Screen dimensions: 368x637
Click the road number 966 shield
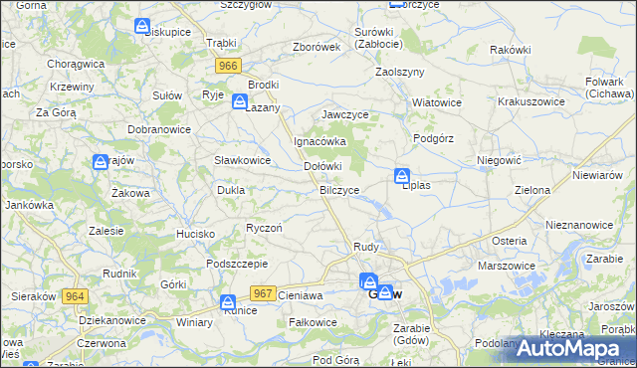pyautogui.click(x=228, y=65)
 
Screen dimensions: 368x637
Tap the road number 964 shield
pyautogui.click(x=74, y=296)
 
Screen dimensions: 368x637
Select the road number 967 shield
pyautogui.click(x=263, y=292)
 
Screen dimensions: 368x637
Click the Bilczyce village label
pyautogui.click(x=339, y=189)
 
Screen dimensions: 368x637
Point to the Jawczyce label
pyautogui.click(x=345, y=114)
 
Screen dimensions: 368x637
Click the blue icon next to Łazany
pyautogui.click(x=240, y=101)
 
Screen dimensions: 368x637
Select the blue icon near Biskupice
pyautogui.click(x=143, y=25)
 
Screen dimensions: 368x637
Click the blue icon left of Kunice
pyautogui.click(x=228, y=302)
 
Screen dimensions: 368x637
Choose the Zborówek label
pyautogui.click(x=318, y=47)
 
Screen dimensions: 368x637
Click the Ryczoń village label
pyautogui.click(x=265, y=228)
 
